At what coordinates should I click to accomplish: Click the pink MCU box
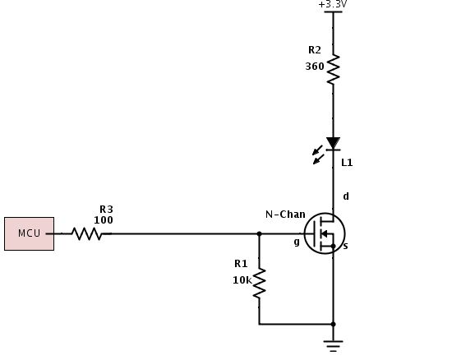pyautogui.click(x=29, y=233)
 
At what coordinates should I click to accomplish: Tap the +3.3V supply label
pyautogui.click(x=333, y=5)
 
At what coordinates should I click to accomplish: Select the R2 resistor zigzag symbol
pyautogui.click(x=333, y=69)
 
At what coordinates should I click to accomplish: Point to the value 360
pyautogui.click(x=314, y=67)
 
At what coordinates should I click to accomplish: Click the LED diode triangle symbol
pyautogui.click(x=333, y=144)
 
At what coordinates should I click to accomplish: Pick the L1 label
pyautogui.click(x=348, y=163)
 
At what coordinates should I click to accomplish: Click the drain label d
pyautogui.click(x=345, y=196)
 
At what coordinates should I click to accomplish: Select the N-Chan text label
pyautogui.click(x=285, y=215)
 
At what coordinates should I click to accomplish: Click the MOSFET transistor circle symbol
pyautogui.click(x=325, y=233)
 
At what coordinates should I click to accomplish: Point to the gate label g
pyautogui.click(x=297, y=242)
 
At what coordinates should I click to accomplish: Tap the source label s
pyautogui.click(x=344, y=246)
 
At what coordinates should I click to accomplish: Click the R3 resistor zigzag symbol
pyautogui.click(x=86, y=233)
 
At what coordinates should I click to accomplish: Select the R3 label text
pyautogui.click(x=106, y=210)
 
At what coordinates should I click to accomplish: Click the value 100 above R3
pyautogui.click(x=104, y=220)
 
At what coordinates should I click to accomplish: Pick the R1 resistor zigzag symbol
pyautogui.click(x=259, y=284)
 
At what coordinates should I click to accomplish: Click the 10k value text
pyautogui.click(x=242, y=280)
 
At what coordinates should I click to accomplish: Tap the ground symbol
pyautogui.click(x=333, y=344)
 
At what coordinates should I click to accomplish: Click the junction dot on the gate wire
pyautogui.click(x=259, y=233)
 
